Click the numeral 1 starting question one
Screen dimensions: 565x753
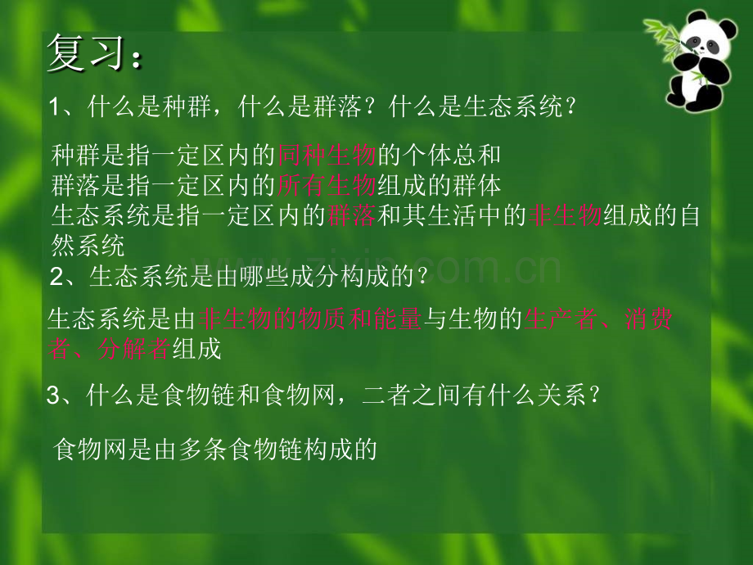pyautogui.click(x=54, y=107)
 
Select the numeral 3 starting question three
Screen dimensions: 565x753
pyautogui.click(x=53, y=396)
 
